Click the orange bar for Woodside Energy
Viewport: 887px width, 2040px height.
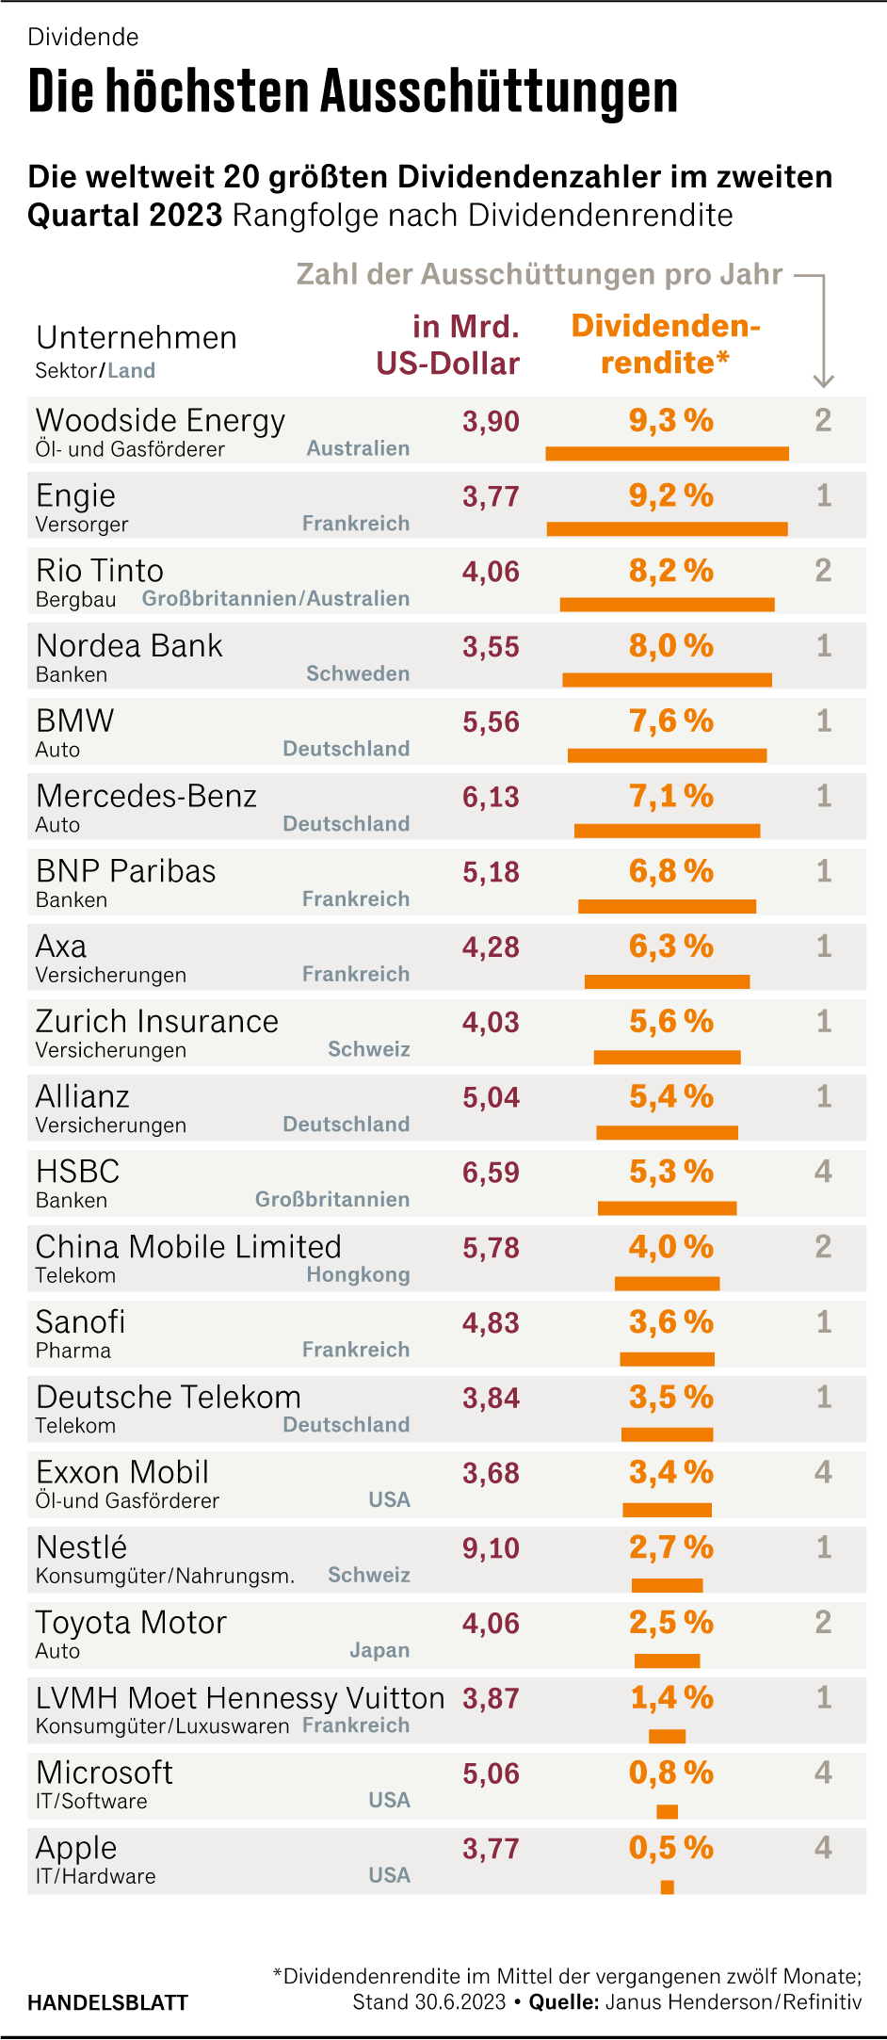[667, 454]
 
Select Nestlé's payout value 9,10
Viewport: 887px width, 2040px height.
[491, 1548]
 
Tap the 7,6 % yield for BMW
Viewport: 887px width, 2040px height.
[670, 721]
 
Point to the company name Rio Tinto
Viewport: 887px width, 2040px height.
[100, 571]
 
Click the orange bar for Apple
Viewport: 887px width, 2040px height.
[668, 1886]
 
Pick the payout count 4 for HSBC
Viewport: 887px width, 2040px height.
[823, 1172]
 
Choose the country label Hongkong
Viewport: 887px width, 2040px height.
[358, 1274]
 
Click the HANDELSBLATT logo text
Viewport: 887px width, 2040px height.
[107, 2002]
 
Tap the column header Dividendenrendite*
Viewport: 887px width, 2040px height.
[666, 344]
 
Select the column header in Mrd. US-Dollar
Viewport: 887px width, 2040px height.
[449, 345]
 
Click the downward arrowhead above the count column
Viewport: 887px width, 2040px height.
[823, 380]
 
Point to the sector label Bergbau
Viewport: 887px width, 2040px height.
[76, 600]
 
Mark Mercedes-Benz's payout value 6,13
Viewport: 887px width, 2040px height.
[491, 797]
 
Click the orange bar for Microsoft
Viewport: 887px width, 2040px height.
[668, 1811]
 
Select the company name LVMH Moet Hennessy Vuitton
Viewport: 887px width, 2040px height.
[240, 1698]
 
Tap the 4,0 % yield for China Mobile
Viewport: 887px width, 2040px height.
[670, 1247]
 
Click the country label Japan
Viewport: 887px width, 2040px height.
[379, 1650]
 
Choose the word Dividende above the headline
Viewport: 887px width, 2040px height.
[84, 37]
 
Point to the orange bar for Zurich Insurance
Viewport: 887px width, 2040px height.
[667, 1057]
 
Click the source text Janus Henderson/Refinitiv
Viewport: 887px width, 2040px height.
[733, 2002]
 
